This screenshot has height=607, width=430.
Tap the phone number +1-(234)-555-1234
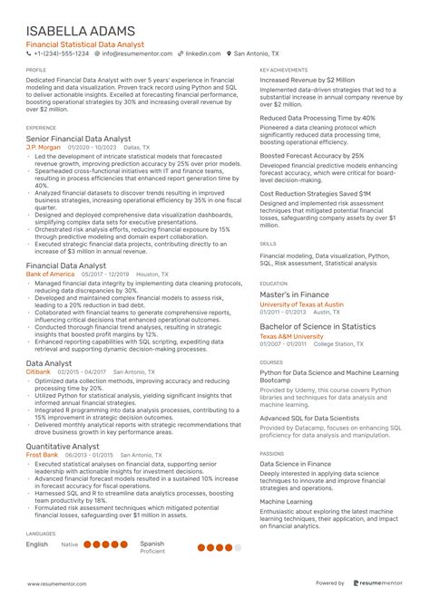point(59,53)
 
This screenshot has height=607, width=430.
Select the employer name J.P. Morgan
point(43,146)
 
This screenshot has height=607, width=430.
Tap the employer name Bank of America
point(51,273)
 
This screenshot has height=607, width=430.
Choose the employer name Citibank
point(38,371)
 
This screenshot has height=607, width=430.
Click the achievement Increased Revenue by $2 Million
point(307,80)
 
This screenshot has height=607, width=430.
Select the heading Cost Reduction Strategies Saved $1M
point(315,194)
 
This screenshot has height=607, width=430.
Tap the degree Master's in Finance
point(294,294)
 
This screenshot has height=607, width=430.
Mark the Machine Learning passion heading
point(287,500)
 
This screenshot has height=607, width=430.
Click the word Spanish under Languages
point(152,543)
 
